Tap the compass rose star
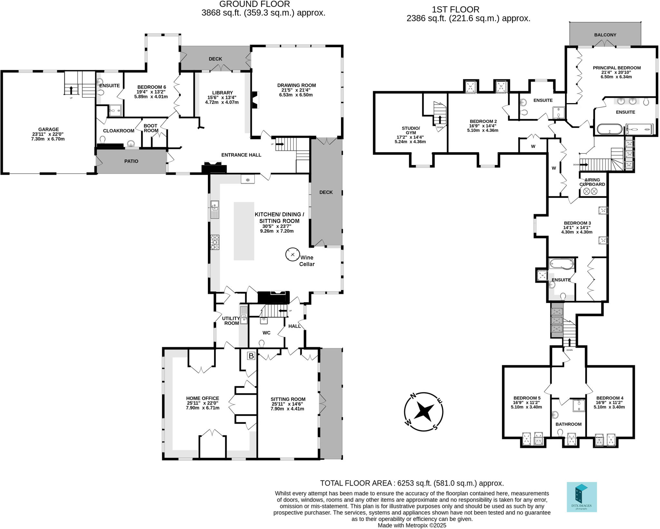(x=423, y=412)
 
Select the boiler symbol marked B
(x=251, y=356)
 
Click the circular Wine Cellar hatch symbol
(x=292, y=255)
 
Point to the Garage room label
(x=49, y=129)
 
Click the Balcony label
(x=605, y=35)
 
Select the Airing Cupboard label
(x=592, y=182)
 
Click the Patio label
(x=131, y=161)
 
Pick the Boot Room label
(x=150, y=128)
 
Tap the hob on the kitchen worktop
(x=215, y=242)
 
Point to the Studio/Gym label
(x=411, y=130)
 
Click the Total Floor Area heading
(x=412, y=483)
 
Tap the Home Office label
(x=202, y=398)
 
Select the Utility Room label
(x=231, y=321)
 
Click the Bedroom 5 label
(x=527, y=398)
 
